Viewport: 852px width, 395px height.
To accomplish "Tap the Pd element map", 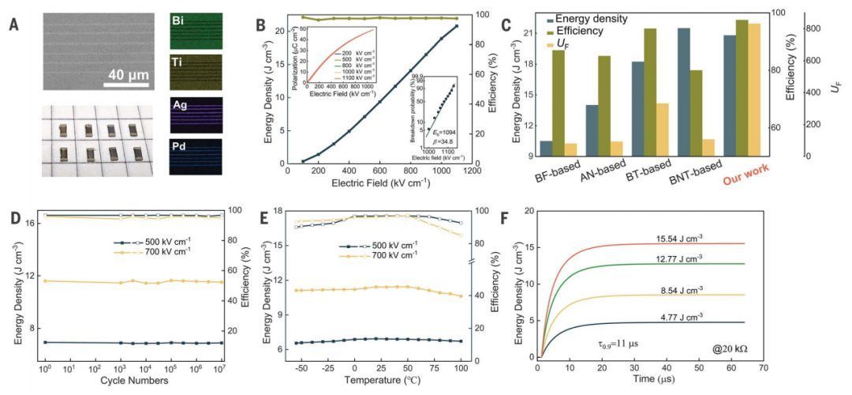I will tap(196, 156).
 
